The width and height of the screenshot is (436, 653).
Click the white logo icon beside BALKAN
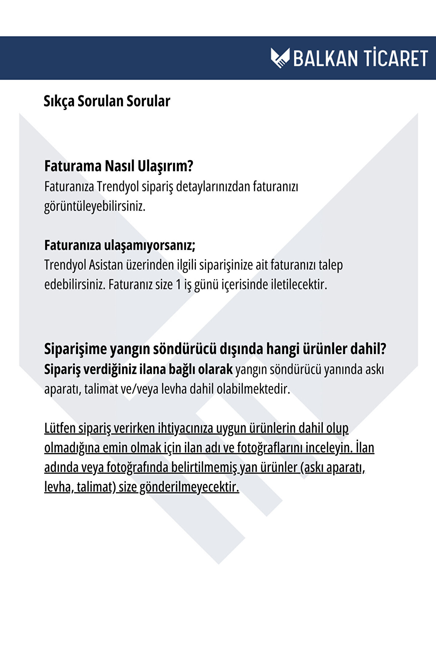[x=280, y=58]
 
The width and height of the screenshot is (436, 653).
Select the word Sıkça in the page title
[x=59, y=101]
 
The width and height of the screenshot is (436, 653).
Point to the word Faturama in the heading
[x=73, y=166]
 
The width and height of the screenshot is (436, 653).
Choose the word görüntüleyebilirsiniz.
[x=95, y=207]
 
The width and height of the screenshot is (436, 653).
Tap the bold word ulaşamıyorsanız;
[x=150, y=245]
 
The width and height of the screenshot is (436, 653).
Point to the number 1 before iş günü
[x=178, y=285]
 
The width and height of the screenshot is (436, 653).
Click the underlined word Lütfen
[x=60, y=428]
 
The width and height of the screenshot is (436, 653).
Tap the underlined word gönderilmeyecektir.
[x=189, y=487]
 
